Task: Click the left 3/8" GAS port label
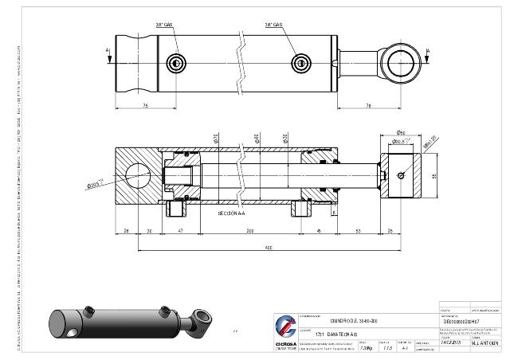[x=163, y=25]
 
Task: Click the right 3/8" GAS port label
[x=273, y=25]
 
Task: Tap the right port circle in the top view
[x=300, y=63]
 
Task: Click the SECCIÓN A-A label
[x=233, y=213]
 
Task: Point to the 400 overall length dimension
[x=269, y=248]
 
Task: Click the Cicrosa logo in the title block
[x=284, y=327]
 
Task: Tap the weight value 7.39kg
[x=366, y=348]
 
